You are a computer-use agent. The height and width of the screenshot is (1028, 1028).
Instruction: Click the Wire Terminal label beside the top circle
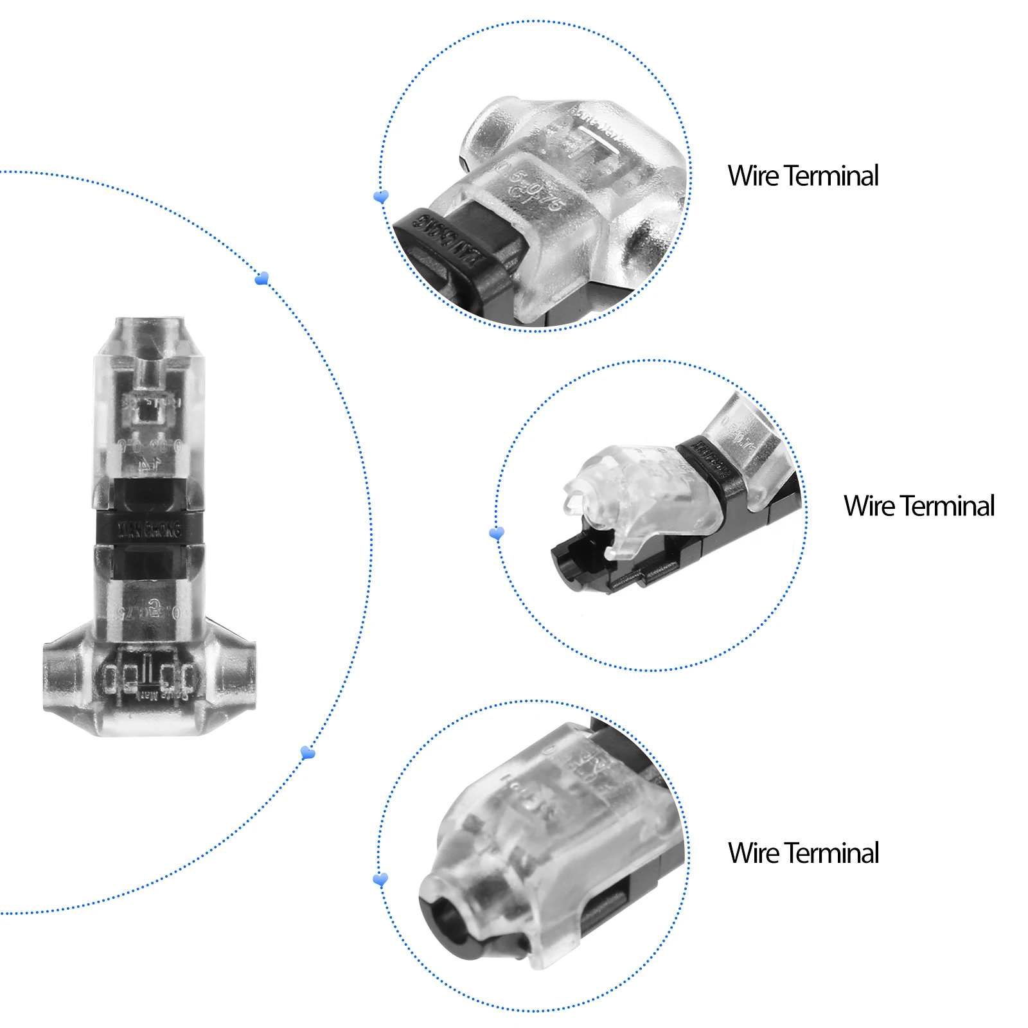tap(802, 175)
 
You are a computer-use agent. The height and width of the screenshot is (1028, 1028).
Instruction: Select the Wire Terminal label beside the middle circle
tap(919, 506)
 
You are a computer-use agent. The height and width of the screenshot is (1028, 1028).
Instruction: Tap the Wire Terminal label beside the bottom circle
tap(802, 853)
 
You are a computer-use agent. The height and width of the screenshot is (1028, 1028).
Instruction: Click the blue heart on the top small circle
tap(381, 196)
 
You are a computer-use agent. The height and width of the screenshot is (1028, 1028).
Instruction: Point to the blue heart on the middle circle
tap(497, 533)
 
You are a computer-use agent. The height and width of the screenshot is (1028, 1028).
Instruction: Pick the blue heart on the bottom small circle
tap(380, 878)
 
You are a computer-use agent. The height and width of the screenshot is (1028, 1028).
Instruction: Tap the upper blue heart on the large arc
tap(261, 278)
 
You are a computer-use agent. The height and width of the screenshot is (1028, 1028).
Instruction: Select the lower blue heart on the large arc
tap(308, 752)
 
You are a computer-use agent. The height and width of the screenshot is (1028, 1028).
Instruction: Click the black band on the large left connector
tap(149, 528)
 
